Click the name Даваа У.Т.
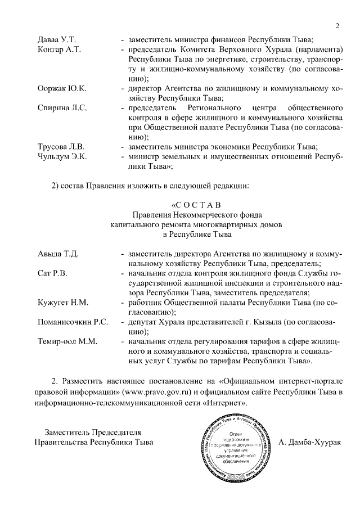point(56,39)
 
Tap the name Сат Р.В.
point(51,274)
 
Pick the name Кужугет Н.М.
point(62,303)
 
